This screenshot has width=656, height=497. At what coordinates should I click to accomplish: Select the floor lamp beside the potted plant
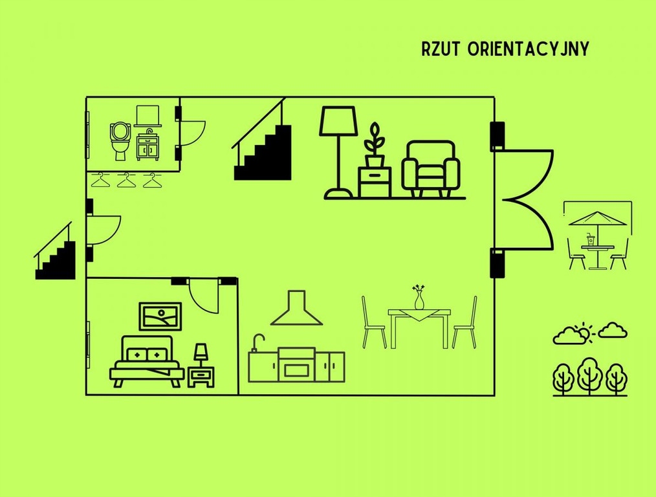pos(338,152)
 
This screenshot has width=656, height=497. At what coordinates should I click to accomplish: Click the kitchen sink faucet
pos(257,341)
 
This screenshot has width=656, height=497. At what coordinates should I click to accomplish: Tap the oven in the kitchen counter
pos(296,366)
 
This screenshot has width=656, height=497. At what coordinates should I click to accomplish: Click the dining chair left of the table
pos(373,324)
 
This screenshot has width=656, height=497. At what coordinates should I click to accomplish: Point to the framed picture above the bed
pos(160,316)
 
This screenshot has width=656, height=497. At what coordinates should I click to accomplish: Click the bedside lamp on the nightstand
pos(201,354)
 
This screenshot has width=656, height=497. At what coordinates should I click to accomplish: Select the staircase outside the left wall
pos(56,254)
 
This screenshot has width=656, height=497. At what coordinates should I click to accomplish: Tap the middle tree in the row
pos(589,375)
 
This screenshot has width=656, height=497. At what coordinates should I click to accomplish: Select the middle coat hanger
pos(127,181)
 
